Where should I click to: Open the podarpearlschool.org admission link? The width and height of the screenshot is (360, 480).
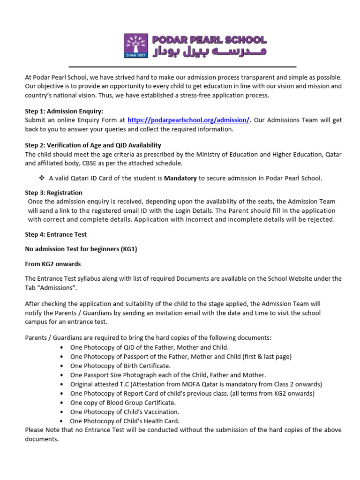pos(188,120)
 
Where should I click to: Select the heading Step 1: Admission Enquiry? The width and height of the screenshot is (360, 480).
pos(64,112)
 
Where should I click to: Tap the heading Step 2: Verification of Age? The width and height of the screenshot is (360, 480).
pos(93,145)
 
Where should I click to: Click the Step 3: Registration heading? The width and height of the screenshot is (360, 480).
pos(53,193)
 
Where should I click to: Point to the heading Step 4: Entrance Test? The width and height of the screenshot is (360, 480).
pos(56,234)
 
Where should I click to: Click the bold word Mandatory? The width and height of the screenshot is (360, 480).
pos(180,178)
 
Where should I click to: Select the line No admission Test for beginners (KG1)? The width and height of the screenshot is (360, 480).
pos(81,249)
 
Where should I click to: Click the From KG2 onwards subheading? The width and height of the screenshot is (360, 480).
pos(52,264)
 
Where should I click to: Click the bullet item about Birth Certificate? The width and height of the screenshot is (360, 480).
pos(120,366)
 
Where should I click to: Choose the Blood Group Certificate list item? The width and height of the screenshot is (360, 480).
pos(123,403)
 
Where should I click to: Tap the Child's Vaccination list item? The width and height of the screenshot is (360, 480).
pos(125,412)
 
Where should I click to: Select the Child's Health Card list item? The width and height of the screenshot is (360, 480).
pos(125,421)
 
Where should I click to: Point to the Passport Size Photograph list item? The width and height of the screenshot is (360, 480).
pos(168,375)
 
